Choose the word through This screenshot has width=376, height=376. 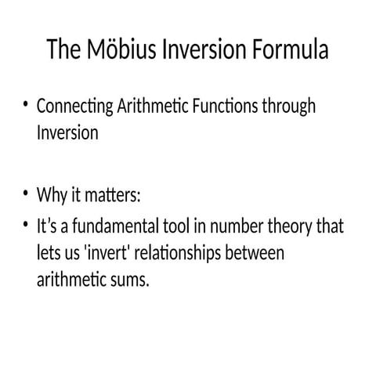click(290, 107)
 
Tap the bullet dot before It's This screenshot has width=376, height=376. click(27, 227)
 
